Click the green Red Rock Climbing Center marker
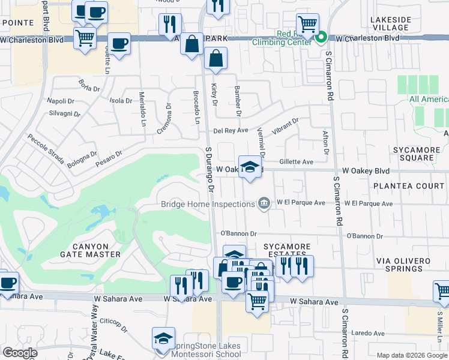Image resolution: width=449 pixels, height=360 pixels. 321,38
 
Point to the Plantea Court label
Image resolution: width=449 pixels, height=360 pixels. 409,186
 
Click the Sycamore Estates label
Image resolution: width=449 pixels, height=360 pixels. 287,251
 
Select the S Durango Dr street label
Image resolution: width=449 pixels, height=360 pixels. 210,168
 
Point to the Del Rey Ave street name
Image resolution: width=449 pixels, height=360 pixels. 231,131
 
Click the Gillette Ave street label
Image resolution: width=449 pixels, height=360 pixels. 296,162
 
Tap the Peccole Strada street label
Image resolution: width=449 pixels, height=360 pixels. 46,149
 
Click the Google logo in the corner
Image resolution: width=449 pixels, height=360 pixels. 20,353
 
